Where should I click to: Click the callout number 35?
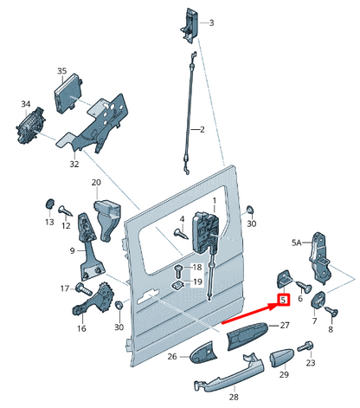(x=61, y=70)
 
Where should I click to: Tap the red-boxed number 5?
(x=282, y=301)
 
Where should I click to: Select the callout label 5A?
(x=297, y=243)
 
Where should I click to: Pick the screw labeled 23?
(x=305, y=347)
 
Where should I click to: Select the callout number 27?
(x=284, y=326)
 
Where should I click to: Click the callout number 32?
(x=74, y=163)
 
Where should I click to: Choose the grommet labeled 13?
(x=49, y=205)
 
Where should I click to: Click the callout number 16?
(x=81, y=329)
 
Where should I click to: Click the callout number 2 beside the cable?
(x=202, y=131)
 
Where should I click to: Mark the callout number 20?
(x=97, y=183)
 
